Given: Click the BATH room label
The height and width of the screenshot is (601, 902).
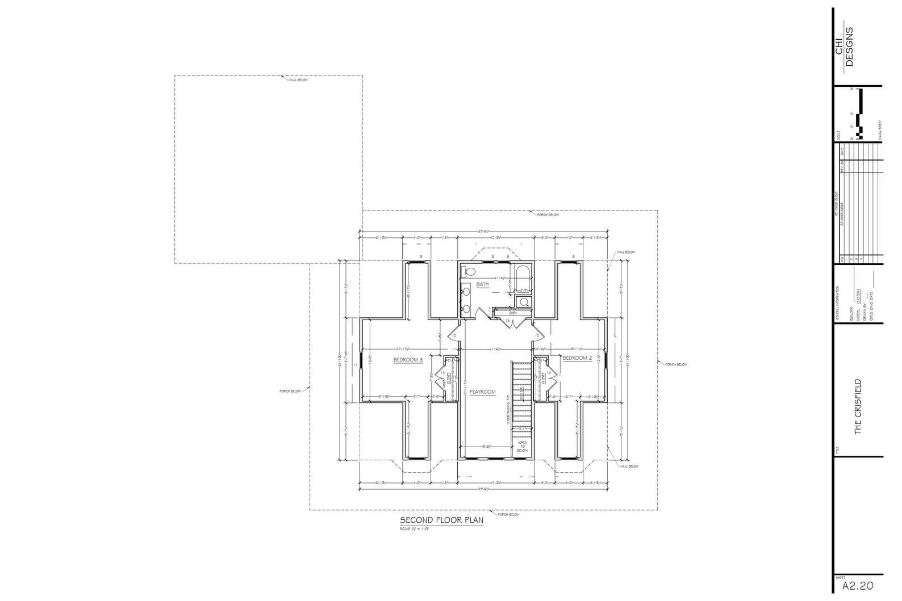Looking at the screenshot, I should [x=482, y=284].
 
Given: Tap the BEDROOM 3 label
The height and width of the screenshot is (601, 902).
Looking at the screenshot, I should [x=408, y=360].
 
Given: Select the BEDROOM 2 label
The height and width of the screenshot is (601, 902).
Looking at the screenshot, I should [x=577, y=358].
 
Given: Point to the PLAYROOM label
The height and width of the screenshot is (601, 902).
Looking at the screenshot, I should [x=482, y=392].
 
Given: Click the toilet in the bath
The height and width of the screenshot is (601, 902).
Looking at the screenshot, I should [x=467, y=270].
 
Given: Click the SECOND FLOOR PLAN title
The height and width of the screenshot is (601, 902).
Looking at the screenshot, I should [x=441, y=520].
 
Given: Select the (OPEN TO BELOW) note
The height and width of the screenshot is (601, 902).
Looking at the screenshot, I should [x=522, y=446].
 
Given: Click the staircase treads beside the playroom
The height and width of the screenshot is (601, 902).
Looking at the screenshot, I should [x=521, y=397].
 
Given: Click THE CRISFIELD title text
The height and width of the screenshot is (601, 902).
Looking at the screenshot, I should [x=858, y=406].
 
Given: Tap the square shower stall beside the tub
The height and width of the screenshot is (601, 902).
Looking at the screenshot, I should [x=524, y=302].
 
